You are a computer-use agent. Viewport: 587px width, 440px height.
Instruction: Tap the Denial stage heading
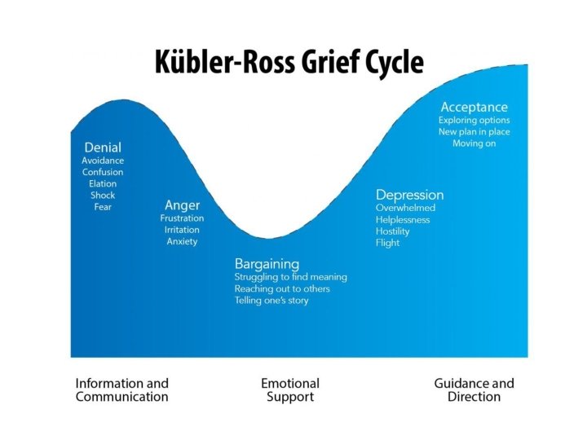coord(103,147)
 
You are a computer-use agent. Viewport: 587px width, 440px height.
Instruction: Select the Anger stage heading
coord(182,205)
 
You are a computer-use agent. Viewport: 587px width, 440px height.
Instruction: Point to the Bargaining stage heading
coord(267,263)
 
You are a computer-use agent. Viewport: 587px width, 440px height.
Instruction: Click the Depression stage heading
coord(409,195)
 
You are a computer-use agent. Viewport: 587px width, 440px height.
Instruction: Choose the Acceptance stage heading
coord(474,107)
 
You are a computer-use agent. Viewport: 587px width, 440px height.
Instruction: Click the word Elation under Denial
coord(103,183)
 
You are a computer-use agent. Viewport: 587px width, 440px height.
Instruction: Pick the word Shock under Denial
coord(103,195)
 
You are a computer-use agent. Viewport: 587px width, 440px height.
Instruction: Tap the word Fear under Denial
coord(103,207)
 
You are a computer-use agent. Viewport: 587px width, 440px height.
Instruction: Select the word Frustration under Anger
coord(182,218)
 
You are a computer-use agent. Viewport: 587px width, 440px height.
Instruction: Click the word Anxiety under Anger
coord(182,241)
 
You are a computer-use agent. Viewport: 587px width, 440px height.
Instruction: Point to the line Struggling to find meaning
coord(290,277)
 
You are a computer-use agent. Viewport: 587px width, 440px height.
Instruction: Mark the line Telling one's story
coord(271,301)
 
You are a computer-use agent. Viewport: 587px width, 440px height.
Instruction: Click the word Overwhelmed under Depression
coord(406,208)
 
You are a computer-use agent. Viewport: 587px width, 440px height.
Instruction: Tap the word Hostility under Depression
coord(392,231)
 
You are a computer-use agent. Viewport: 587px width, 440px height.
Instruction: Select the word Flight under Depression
coord(387,243)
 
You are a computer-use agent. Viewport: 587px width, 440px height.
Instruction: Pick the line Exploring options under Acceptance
coord(474,121)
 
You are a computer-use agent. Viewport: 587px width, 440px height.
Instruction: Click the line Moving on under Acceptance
coord(474,143)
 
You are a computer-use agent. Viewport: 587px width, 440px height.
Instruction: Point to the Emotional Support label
coord(290,389)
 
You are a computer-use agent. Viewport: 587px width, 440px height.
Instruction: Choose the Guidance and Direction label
coord(474,389)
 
